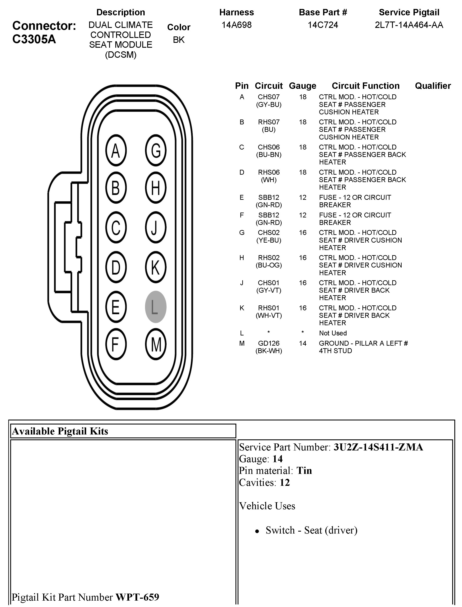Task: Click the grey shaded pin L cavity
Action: coord(156,307)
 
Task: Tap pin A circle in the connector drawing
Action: coord(116,150)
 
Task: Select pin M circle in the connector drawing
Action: coord(156,344)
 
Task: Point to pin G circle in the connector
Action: coord(156,150)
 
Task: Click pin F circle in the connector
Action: coord(116,344)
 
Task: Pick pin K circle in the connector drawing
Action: coord(156,267)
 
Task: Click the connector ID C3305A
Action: coord(34,39)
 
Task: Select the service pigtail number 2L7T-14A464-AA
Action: coord(409,25)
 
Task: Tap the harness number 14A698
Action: coord(237,25)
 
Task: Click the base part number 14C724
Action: coord(323,25)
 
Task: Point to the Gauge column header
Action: coord(302,86)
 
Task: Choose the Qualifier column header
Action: coord(433,86)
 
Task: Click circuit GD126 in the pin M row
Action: coord(269,343)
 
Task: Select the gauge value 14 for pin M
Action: coord(302,343)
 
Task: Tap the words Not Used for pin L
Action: coord(333,333)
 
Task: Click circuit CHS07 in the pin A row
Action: coord(269,97)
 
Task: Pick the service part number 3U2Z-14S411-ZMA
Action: coord(378,447)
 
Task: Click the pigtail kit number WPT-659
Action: coord(137,597)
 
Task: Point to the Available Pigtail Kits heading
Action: coord(60,431)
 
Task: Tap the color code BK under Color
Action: coord(179,40)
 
